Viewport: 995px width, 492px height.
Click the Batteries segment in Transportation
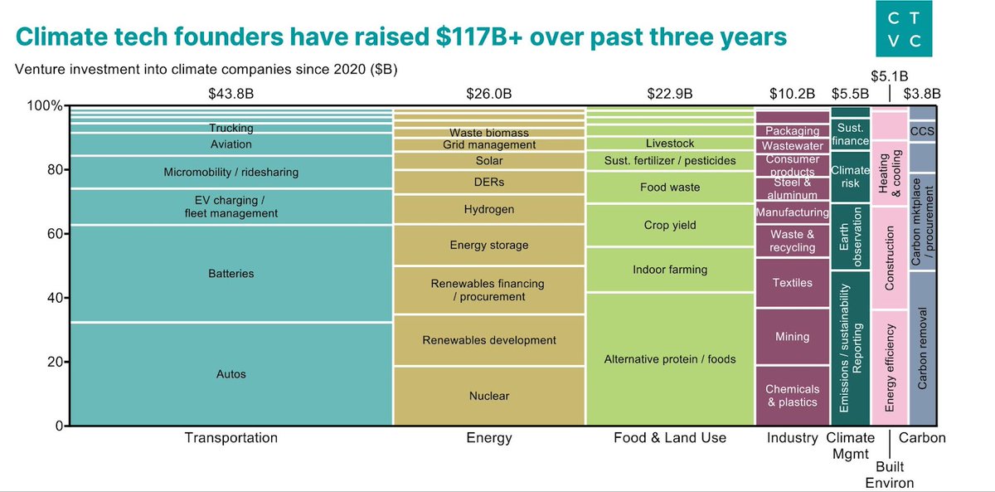231,274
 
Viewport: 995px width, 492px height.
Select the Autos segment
231,374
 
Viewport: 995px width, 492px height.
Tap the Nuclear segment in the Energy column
489,396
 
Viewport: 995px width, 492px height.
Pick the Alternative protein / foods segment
669,359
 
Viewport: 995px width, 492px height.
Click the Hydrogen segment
489,210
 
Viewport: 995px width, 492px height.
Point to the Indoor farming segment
669,270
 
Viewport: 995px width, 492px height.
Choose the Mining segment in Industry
792,337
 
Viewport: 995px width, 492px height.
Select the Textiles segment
792,283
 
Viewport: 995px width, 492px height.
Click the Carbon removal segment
923,348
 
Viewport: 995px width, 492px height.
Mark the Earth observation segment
850,237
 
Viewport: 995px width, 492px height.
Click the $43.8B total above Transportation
231,94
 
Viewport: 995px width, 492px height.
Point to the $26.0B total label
489,94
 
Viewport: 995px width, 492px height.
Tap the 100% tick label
44,106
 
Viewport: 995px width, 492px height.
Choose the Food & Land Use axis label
669,438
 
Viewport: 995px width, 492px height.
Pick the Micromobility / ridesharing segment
231,173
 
